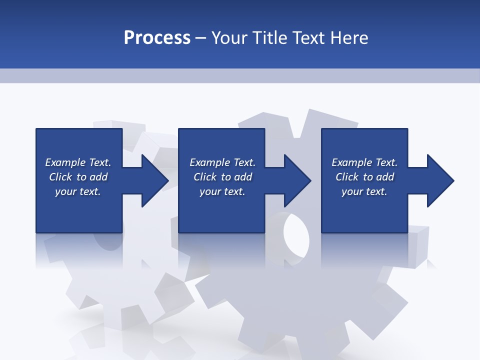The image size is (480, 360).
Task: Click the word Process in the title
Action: (157, 38)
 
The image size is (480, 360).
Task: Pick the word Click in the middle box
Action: (204, 177)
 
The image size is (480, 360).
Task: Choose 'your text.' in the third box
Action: (364, 191)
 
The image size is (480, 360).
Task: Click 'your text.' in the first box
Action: (78, 191)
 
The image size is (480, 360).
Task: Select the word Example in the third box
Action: (352, 162)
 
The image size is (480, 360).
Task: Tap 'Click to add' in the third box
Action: (364, 177)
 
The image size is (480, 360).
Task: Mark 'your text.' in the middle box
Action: (222, 191)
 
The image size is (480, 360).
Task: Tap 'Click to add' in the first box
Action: (78, 177)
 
